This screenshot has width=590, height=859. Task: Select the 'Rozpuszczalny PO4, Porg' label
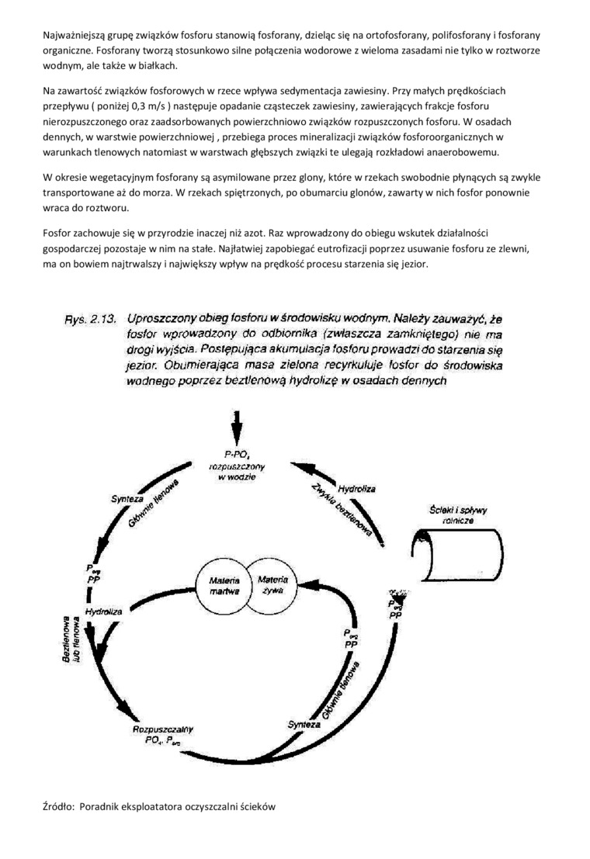[x=164, y=735]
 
